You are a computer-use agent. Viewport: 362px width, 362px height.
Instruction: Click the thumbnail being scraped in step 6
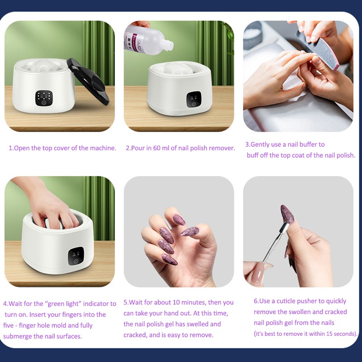point(287,214)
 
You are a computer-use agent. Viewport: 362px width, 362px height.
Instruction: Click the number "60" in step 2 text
point(157,148)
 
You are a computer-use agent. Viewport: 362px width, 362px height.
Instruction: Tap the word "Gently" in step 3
point(263,144)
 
